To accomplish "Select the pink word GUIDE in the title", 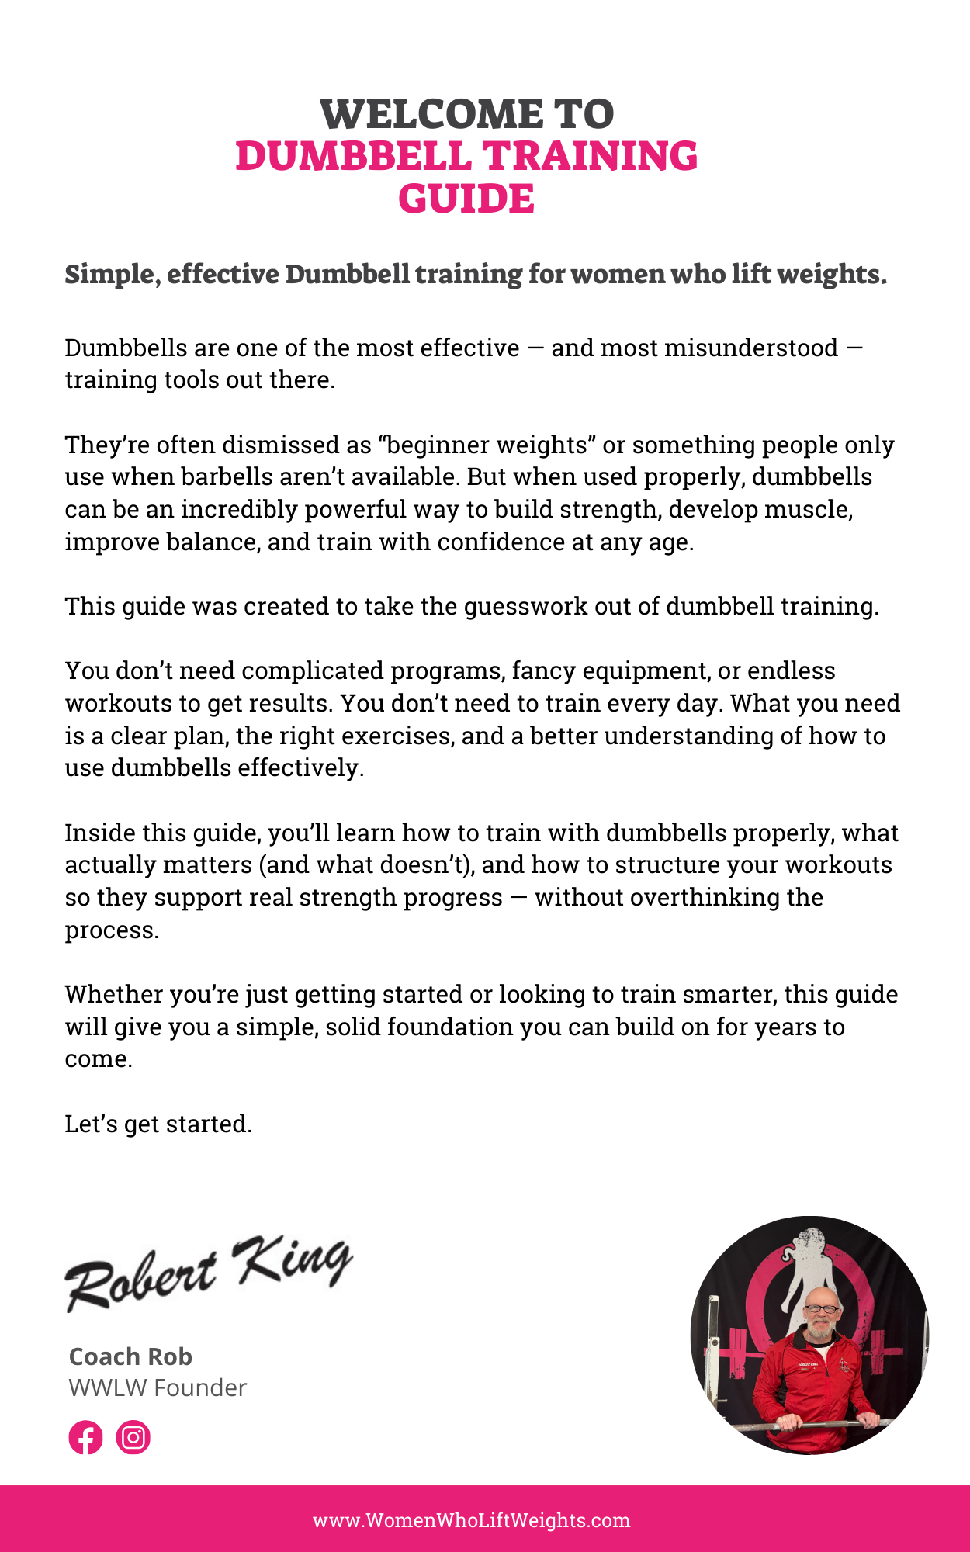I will point(466,199).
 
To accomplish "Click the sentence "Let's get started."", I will point(158,1124).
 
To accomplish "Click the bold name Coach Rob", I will point(130,1356).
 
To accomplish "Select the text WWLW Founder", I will point(158,1387).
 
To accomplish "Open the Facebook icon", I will point(85,1438).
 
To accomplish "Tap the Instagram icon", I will point(133,1438).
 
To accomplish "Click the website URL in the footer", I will point(472,1520).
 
